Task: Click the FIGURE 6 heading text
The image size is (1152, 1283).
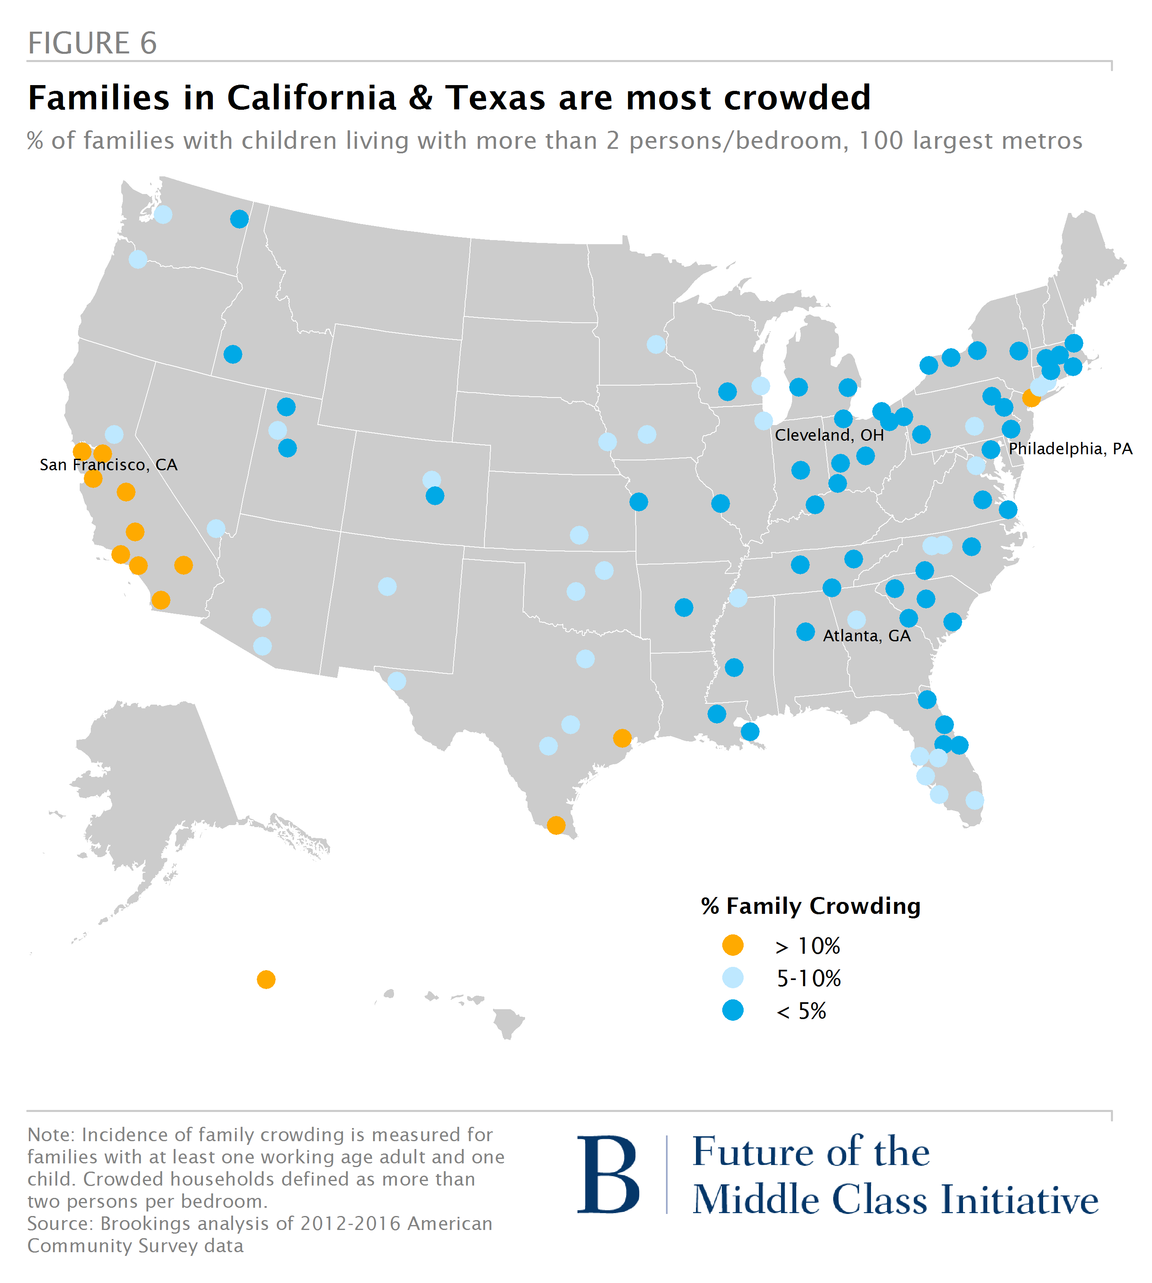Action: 92,43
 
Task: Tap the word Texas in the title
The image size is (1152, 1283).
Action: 495,98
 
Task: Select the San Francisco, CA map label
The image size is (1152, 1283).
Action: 108,465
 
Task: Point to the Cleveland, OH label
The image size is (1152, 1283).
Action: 829,435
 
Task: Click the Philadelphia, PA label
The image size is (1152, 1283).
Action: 1070,448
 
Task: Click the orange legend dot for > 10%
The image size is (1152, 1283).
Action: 733,945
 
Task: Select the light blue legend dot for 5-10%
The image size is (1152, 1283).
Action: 733,978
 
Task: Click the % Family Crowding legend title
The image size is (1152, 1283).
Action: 810,906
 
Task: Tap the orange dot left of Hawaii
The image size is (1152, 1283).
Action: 266,980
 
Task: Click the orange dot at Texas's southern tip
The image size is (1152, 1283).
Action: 556,825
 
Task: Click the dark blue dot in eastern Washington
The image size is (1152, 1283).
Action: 239,219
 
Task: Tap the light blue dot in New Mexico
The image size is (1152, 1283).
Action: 387,586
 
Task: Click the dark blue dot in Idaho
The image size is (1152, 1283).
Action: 233,354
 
